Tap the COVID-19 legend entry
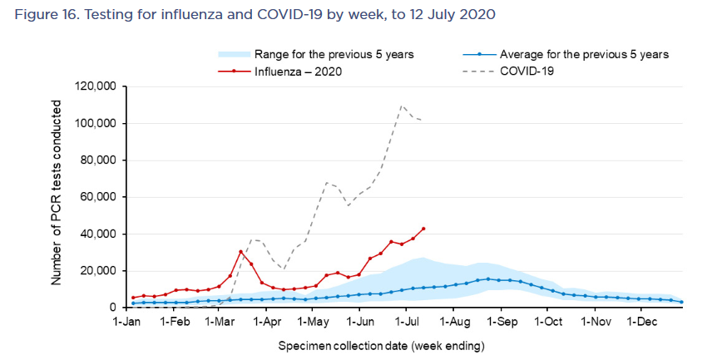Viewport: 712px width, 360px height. [527, 71]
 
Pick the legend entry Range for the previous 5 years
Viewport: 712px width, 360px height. [334, 54]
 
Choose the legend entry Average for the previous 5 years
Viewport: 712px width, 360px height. [584, 54]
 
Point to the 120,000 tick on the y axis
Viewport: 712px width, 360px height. [96, 86]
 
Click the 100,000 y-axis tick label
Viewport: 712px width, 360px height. [96, 123]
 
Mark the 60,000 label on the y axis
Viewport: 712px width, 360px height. [99, 197]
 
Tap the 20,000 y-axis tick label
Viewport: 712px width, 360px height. [99, 271]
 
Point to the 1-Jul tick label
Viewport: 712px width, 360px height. [407, 319]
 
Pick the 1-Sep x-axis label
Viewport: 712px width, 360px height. [501, 319]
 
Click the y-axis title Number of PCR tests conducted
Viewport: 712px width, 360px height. [57, 192]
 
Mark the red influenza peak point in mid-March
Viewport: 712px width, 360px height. [240, 252]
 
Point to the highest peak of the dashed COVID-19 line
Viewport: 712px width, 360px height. [402, 106]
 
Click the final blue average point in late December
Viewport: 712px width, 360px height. [681, 302]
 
